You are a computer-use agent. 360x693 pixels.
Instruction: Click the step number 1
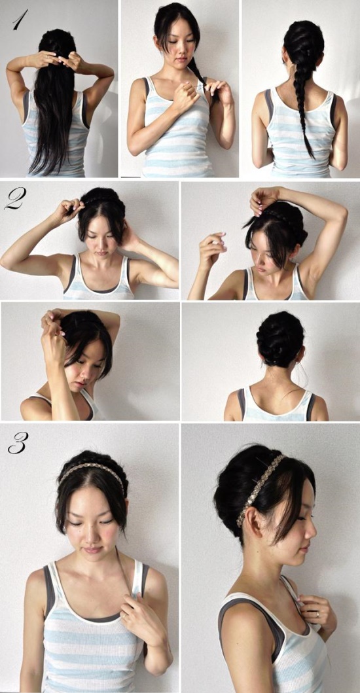[x=19, y=21]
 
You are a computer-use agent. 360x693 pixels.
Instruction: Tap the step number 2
[x=13, y=199]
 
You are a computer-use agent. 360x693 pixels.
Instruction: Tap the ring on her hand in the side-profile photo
[x=317, y=614]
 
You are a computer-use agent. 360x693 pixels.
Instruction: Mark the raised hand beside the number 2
[x=65, y=211]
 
